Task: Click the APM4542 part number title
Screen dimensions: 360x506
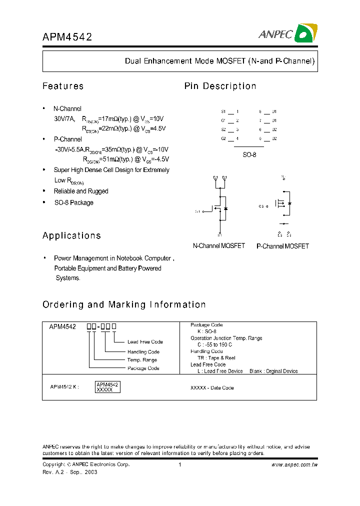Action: (x=67, y=37)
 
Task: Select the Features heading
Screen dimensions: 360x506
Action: (x=63, y=86)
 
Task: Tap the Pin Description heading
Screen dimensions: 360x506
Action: (x=220, y=86)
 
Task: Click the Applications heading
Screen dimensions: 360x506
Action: (x=71, y=235)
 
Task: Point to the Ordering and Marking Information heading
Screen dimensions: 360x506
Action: (x=124, y=304)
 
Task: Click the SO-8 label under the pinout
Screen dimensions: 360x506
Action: (x=249, y=155)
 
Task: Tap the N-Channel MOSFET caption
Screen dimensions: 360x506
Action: (x=219, y=246)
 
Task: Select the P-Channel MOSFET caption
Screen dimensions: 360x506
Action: (x=282, y=246)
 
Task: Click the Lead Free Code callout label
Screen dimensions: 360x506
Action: (x=145, y=342)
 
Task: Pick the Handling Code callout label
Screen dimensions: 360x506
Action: (x=143, y=352)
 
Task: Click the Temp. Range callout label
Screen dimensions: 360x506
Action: (x=142, y=360)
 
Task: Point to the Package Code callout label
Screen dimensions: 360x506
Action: (x=143, y=368)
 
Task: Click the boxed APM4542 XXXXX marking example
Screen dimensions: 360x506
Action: (x=107, y=386)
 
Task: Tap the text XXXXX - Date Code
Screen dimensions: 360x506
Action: (x=212, y=388)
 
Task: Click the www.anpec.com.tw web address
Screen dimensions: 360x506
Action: (x=294, y=464)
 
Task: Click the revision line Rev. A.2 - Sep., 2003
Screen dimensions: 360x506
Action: (x=69, y=472)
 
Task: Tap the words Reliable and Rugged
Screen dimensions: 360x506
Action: (x=81, y=191)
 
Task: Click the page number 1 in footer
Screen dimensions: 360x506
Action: (x=179, y=464)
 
